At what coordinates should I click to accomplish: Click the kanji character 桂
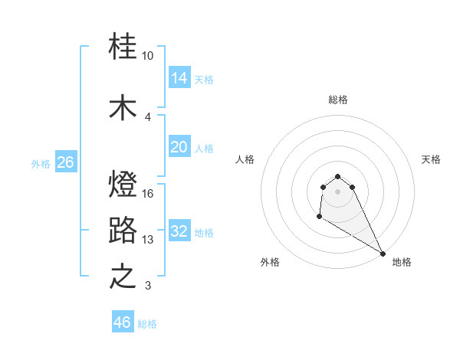pos(123,47)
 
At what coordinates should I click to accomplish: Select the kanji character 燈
pos(123,185)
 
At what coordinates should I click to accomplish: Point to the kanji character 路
pos(123,231)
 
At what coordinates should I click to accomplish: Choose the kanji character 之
pos(123,277)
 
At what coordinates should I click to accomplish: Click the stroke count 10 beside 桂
pos(148,56)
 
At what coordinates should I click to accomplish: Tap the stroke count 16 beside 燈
pos(148,194)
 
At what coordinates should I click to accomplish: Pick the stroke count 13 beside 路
pos(148,240)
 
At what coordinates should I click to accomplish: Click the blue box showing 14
pos(179,77)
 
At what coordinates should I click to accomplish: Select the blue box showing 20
pos(179,147)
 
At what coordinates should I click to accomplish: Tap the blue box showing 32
pos(179,231)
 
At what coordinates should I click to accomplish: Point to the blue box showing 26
pos(65,162)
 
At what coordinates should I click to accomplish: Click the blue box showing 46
pos(123,322)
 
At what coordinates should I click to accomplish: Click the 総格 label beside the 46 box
pos(147,324)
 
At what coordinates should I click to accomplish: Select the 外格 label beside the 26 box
pos(41,163)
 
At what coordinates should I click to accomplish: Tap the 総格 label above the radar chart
pos(338,100)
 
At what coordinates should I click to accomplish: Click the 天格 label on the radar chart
pos(431,159)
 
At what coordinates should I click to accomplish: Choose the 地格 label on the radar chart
pos(402,262)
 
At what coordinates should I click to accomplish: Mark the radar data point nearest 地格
pos(383,254)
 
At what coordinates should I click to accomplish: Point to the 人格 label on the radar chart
pos(245,159)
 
